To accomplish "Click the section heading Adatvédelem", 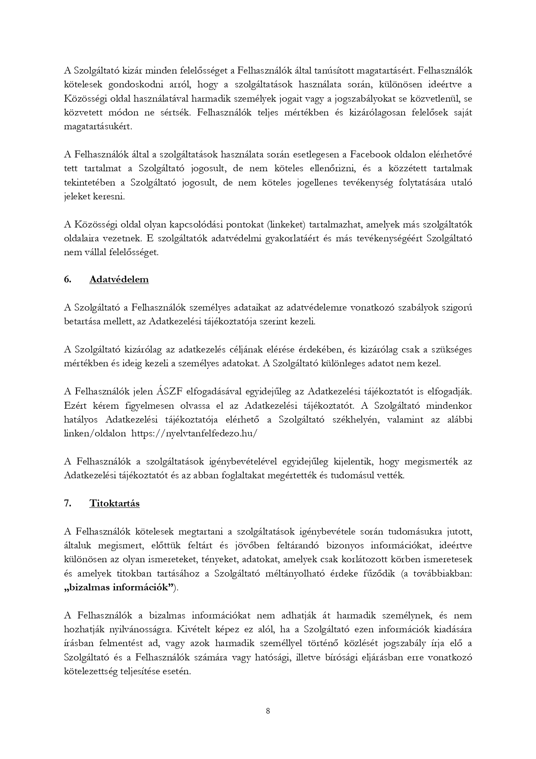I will (119, 279).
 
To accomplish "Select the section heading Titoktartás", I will (115, 503).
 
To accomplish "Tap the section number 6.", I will (67, 279).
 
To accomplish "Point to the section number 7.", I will (67, 503).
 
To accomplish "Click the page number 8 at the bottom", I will (268, 711).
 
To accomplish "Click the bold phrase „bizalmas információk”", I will (119, 587).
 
